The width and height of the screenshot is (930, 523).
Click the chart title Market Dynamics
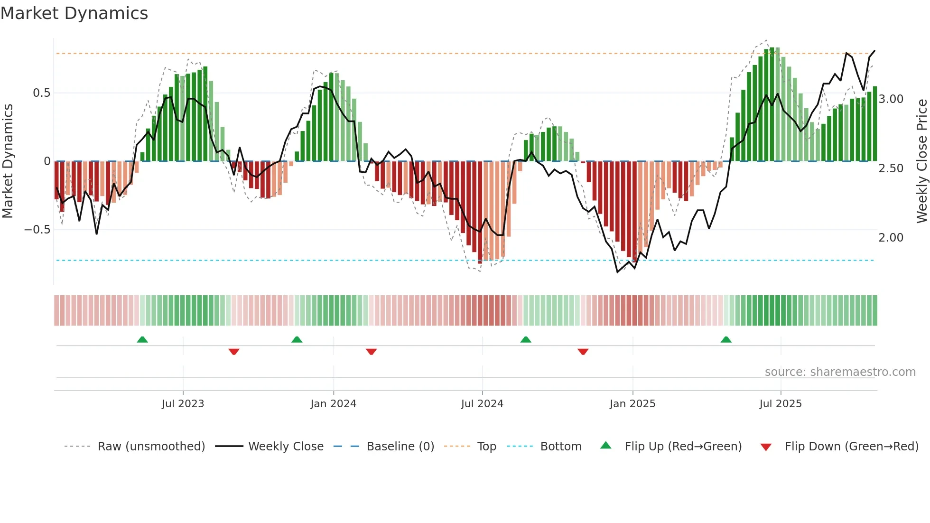click(x=74, y=13)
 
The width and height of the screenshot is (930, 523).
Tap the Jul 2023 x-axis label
click(x=183, y=404)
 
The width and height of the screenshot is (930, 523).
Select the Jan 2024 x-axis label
click(x=333, y=404)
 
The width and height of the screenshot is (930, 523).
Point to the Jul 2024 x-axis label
click(x=482, y=404)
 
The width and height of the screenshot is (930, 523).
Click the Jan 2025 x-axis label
click(x=632, y=404)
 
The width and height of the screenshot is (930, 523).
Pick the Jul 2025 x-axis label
click(x=781, y=404)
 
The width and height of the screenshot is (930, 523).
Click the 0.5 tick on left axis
click(x=41, y=93)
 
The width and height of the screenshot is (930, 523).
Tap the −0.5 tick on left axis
click(x=37, y=230)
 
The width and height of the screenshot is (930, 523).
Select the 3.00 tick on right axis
click(x=891, y=99)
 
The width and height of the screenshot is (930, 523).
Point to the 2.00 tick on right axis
click(x=891, y=238)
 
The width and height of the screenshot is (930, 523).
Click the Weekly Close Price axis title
click(x=921, y=161)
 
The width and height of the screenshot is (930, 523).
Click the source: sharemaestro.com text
click(x=840, y=372)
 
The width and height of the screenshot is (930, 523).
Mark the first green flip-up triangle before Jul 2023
click(x=142, y=339)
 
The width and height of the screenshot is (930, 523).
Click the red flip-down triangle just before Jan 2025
click(x=583, y=352)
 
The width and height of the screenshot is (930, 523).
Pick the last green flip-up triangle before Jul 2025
click(x=726, y=339)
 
